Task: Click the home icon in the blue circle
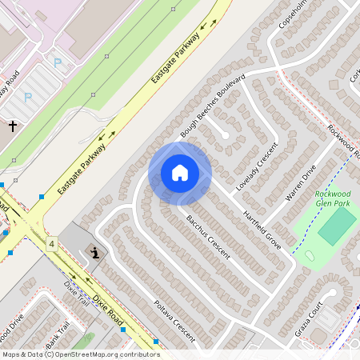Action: click(180, 173)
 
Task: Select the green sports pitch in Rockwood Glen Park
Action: click(337, 226)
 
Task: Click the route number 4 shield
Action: click(52, 243)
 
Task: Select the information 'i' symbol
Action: click(95, 254)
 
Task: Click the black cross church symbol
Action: click(13, 126)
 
